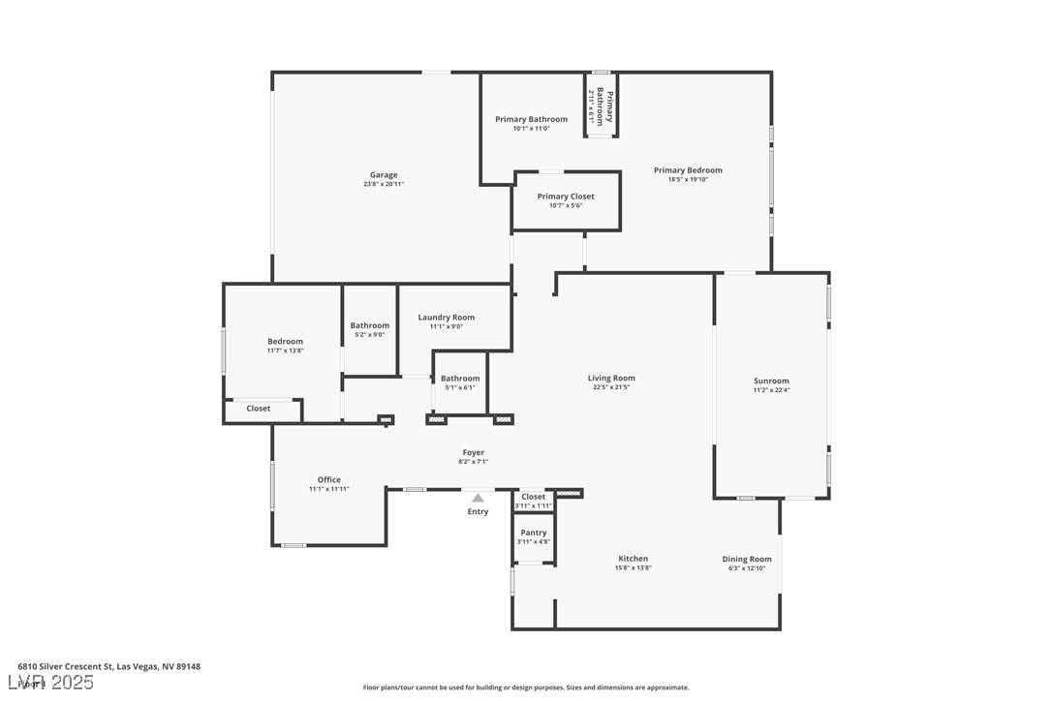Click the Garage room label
(x=384, y=175)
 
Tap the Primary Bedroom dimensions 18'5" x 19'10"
(x=688, y=179)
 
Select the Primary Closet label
(x=566, y=197)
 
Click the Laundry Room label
(x=447, y=318)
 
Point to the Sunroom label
(x=772, y=381)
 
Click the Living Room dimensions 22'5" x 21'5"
(x=611, y=387)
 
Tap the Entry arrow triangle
(x=478, y=498)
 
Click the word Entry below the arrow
(x=478, y=512)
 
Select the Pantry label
(x=534, y=533)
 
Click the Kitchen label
(x=634, y=559)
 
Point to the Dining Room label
(x=747, y=559)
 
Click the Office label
(x=329, y=480)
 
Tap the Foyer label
(x=473, y=452)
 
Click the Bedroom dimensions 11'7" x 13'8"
(x=286, y=350)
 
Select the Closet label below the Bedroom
(x=259, y=409)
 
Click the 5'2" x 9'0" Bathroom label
(x=370, y=326)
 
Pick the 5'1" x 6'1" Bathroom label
(x=460, y=379)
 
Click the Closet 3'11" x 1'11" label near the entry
(x=534, y=497)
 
